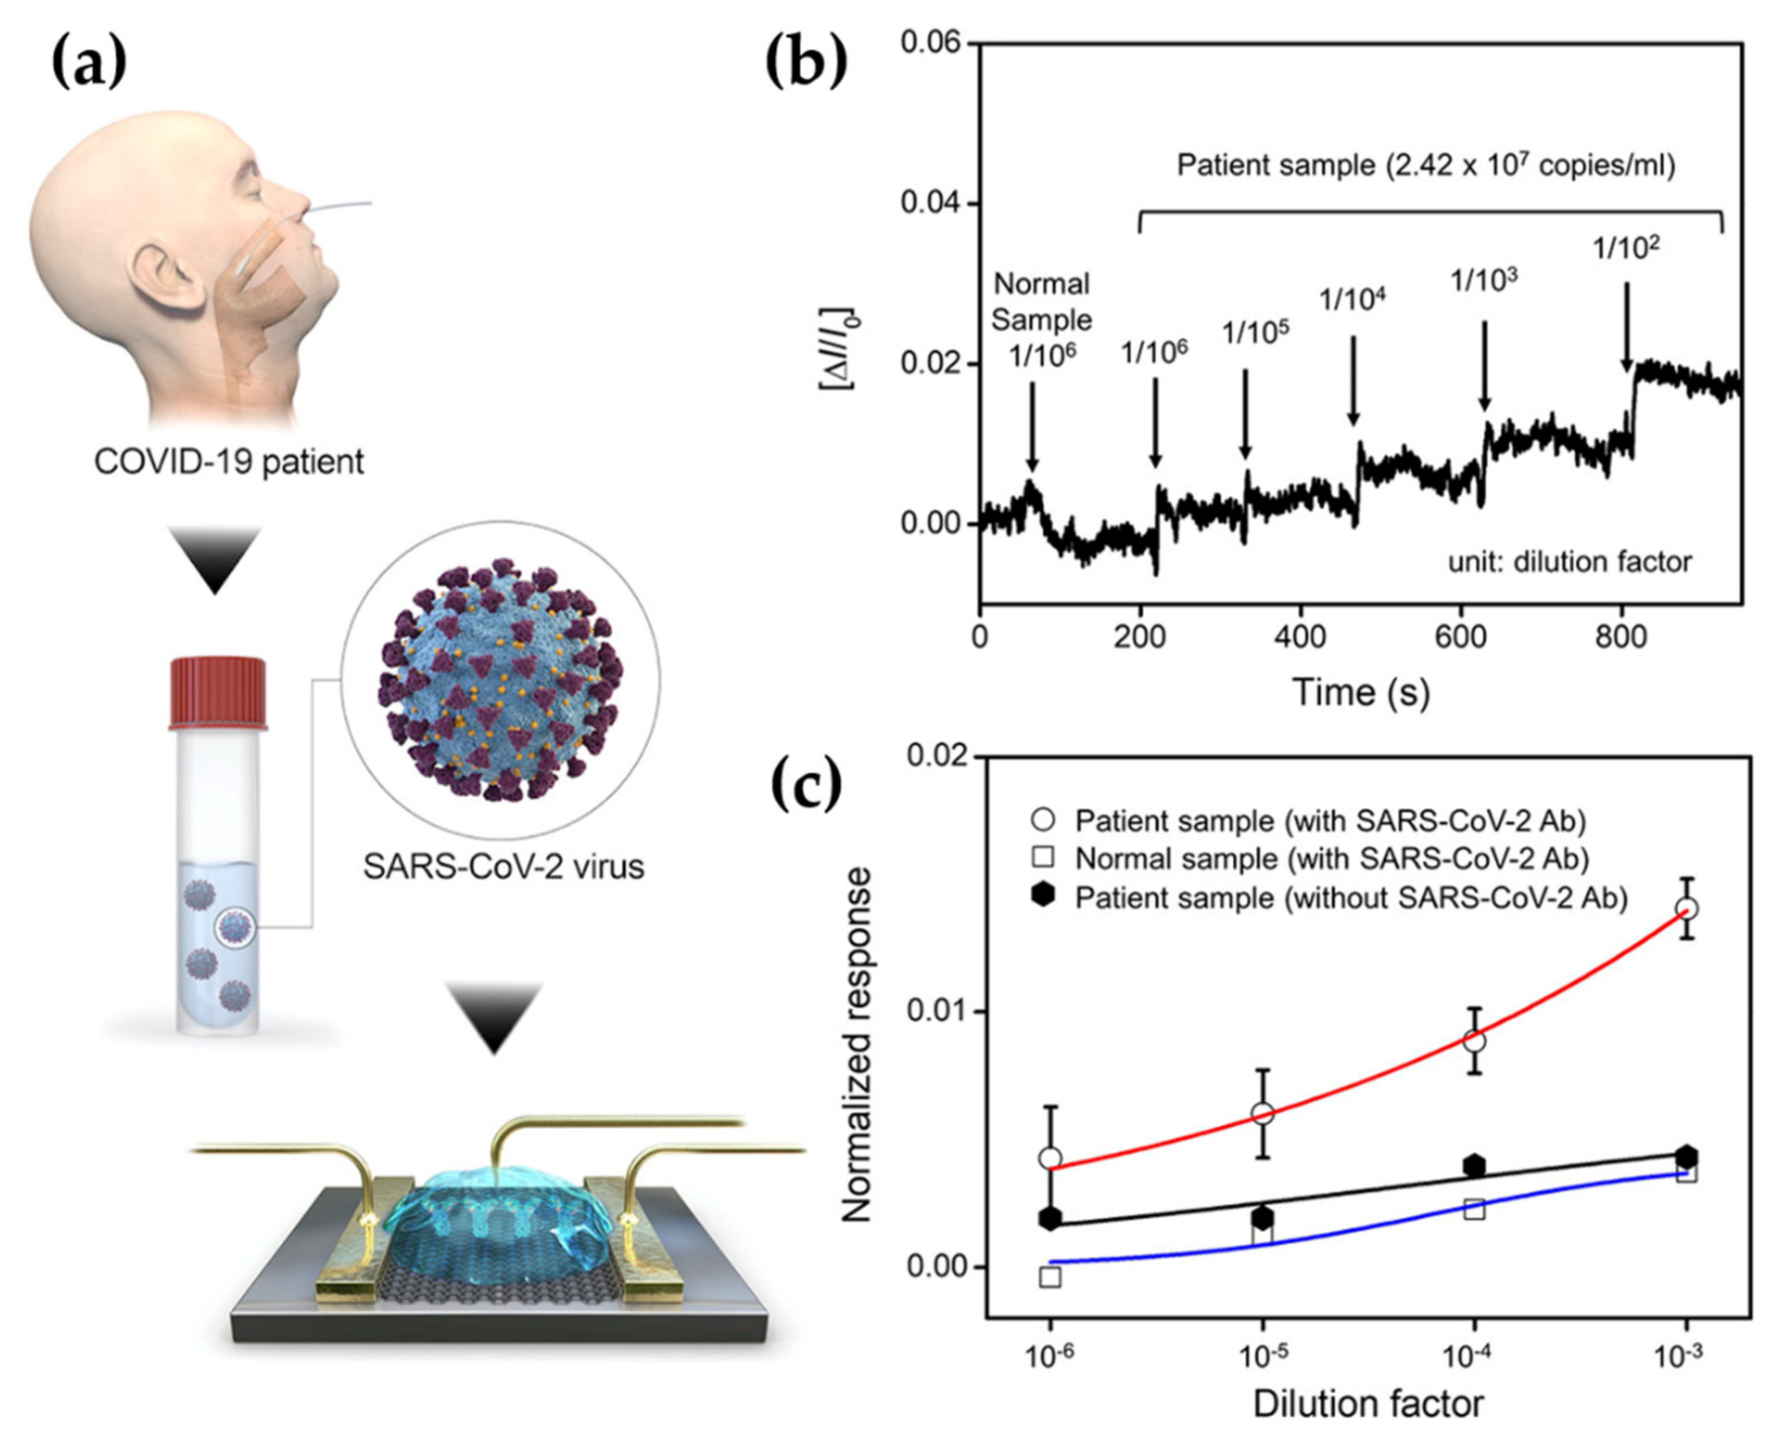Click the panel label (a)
89,64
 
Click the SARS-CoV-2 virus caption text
504,867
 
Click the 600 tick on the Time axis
1461,637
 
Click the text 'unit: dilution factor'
1570,562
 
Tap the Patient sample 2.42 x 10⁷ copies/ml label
1425,166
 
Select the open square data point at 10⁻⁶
1050,1277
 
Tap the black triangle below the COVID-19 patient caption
215,559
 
